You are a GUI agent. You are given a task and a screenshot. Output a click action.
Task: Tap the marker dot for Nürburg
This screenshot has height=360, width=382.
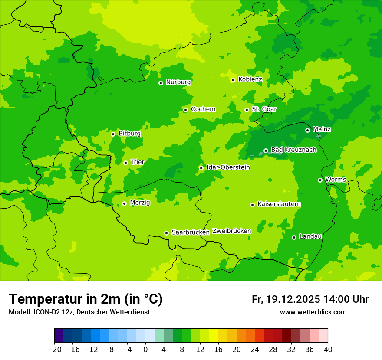pyautogui.click(x=161, y=83)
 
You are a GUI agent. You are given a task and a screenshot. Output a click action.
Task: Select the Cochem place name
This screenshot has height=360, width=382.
pyautogui.click(x=203, y=109)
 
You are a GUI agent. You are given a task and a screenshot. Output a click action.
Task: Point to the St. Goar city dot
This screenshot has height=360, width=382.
pyautogui.click(x=247, y=110)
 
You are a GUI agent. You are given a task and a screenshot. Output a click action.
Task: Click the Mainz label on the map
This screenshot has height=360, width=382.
pyautogui.click(x=322, y=130)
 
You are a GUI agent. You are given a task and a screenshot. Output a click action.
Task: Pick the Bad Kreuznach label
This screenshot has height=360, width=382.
pyautogui.click(x=293, y=150)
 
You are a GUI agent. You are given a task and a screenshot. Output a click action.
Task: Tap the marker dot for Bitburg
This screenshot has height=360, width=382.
pyautogui.click(x=113, y=134)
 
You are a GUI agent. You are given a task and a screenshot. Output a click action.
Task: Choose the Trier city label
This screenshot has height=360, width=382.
pyautogui.click(x=138, y=162)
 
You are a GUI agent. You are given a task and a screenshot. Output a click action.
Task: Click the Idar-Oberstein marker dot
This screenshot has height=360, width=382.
pyautogui.click(x=201, y=168)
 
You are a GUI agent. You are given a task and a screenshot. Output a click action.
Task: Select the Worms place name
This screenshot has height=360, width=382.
pyautogui.click(x=336, y=180)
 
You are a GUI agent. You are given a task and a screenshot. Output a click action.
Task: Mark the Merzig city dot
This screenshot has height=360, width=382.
pyautogui.click(x=124, y=203)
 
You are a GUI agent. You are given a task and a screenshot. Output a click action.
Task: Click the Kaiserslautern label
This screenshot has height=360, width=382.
pyautogui.click(x=279, y=204)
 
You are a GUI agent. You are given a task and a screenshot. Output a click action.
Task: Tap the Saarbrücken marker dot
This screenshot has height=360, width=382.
pyautogui.click(x=166, y=233)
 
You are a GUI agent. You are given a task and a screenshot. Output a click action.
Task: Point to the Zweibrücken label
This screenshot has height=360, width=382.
pyautogui.click(x=231, y=231)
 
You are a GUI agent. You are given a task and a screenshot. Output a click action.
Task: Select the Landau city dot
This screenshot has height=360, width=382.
pyautogui.click(x=294, y=237)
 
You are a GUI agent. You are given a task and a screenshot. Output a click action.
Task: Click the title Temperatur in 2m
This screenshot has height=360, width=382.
pyautogui.click(x=86, y=299)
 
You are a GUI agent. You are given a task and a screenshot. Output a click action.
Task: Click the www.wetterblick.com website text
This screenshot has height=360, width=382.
pyautogui.click(x=313, y=312)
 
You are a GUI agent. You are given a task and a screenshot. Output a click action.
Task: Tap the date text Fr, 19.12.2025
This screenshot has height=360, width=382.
pyautogui.click(x=286, y=299)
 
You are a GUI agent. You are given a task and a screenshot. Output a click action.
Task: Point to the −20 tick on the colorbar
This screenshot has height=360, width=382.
pyautogui.click(x=54, y=350)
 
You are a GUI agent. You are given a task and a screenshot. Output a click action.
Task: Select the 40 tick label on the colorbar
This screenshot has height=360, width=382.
pyautogui.click(x=328, y=350)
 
